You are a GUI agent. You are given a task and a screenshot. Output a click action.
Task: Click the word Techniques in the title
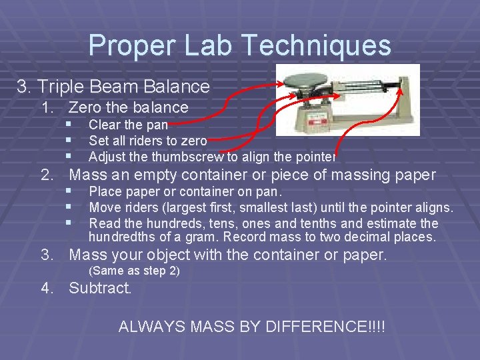click(316, 45)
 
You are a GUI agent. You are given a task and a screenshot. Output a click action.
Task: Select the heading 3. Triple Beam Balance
click(113, 87)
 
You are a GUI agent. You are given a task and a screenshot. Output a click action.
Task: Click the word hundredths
click(121, 237)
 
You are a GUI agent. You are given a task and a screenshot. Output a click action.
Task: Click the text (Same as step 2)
click(133, 271)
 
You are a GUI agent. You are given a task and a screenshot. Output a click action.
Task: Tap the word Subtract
click(100, 289)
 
